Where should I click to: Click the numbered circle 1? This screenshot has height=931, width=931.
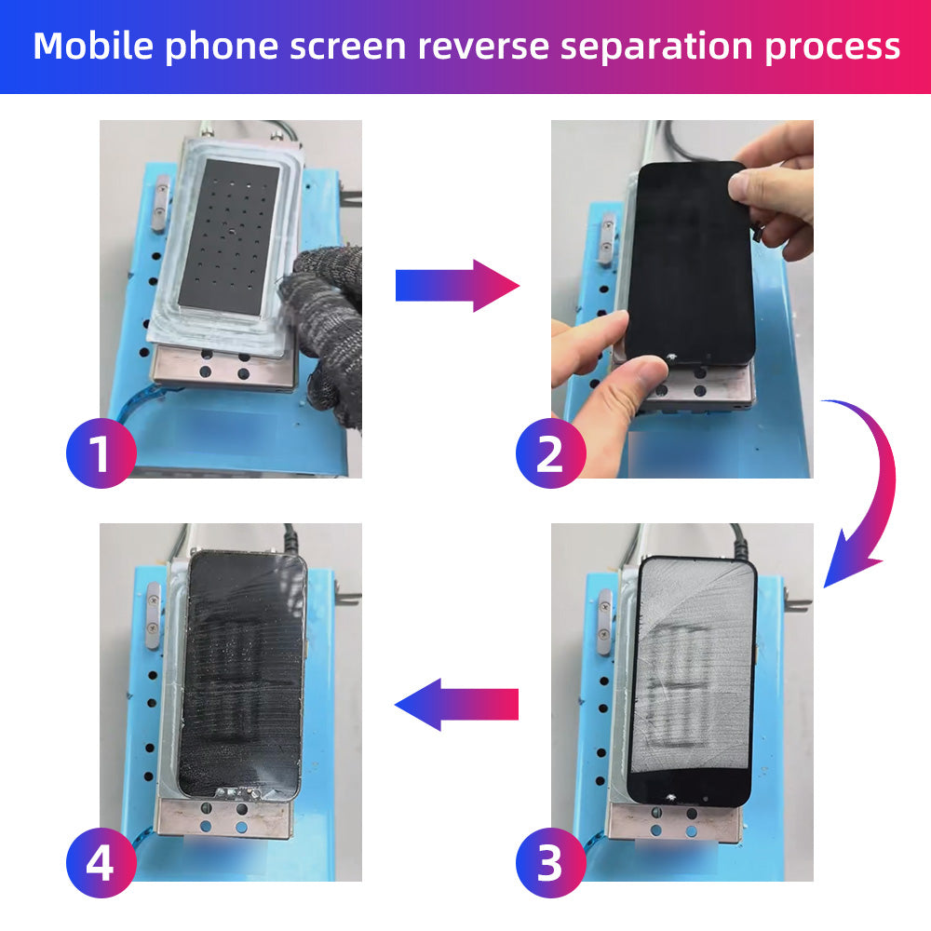pyautogui.click(x=101, y=453)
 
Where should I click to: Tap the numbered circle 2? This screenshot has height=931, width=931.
pyautogui.click(x=550, y=453)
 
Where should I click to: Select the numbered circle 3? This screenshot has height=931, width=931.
pyautogui.click(x=550, y=864)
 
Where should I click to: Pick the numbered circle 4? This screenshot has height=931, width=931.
pyautogui.click(x=101, y=864)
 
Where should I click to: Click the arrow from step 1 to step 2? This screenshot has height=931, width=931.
pyautogui.click(x=456, y=286)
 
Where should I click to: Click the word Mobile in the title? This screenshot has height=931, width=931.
pyautogui.click(x=93, y=46)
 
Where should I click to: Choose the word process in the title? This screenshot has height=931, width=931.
pyautogui.click(x=832, y=47)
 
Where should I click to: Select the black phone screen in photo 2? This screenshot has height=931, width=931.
pyautogui.click(x=689, y=261)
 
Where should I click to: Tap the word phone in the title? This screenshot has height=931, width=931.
pyautogui.click(x=220, y=47)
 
